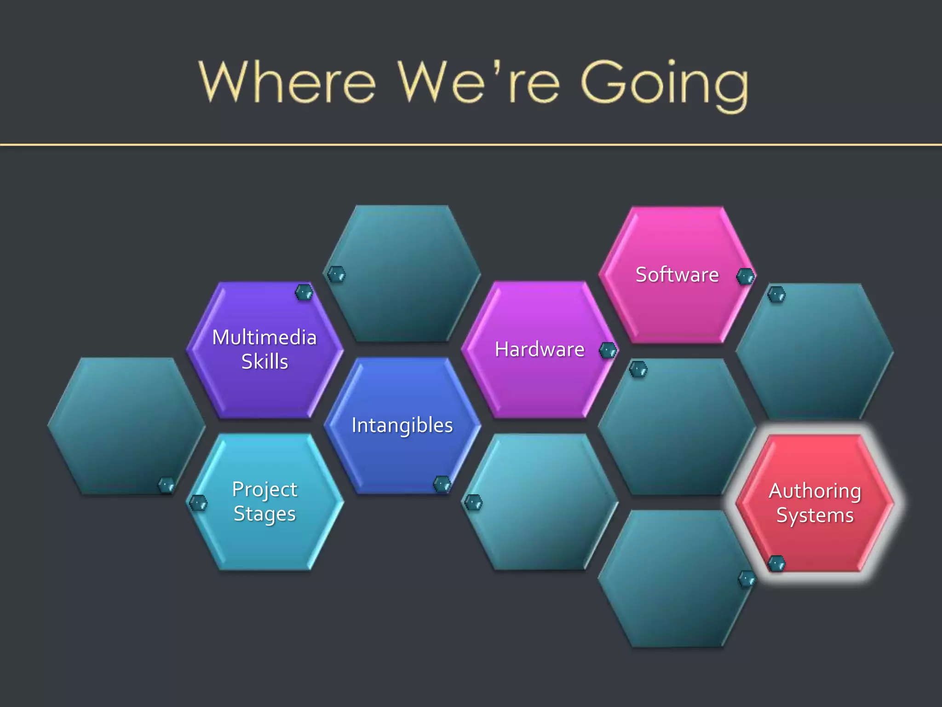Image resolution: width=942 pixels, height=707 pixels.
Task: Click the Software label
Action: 677,275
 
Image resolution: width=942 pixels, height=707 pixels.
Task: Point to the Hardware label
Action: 540,349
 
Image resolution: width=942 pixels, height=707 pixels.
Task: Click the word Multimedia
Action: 264,337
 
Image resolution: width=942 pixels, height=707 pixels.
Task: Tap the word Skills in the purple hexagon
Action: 264,362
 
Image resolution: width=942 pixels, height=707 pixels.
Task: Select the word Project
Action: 264,490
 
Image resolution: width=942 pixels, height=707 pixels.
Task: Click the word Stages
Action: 264,514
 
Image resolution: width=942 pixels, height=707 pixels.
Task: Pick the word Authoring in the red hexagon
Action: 815,491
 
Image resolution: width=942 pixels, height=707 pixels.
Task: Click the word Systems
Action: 815,516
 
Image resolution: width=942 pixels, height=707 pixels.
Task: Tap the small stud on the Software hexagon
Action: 745,277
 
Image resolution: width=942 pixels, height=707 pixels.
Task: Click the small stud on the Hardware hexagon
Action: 608,351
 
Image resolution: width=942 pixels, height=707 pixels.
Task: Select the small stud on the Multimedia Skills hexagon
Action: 304,292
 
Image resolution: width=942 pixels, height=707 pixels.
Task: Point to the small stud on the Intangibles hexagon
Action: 442,484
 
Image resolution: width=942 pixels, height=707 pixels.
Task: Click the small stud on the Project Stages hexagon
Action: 199,503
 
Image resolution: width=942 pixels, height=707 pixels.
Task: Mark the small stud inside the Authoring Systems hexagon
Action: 777,563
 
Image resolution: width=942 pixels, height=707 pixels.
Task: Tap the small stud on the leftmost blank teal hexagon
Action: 167,485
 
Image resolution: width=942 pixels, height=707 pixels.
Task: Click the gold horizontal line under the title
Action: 471,145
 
